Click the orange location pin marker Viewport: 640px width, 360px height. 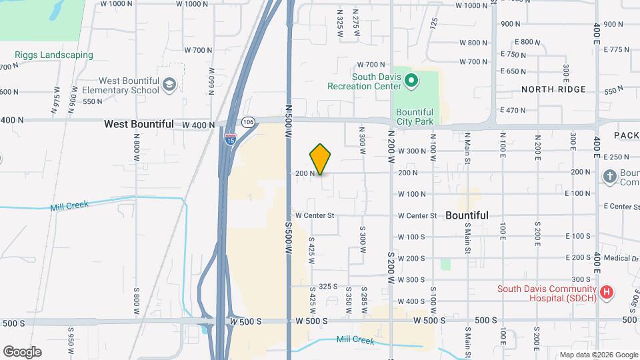(320, 159)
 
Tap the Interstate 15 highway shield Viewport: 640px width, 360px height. (230, 139)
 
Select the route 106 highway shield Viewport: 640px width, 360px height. (248, 122)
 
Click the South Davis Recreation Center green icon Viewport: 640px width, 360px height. (411, 81)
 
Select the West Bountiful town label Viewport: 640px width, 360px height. (139, 124)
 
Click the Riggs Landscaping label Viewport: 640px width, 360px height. (54, 55)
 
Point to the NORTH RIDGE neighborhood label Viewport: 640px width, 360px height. (553, 89)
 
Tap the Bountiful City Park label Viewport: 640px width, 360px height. (415, 117)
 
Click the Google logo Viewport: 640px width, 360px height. (22, 352)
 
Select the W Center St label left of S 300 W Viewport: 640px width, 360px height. (314, 215)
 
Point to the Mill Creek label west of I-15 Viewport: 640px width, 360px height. (69, 205)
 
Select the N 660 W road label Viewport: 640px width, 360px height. (211, 81)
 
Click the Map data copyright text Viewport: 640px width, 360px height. (598, 355)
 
